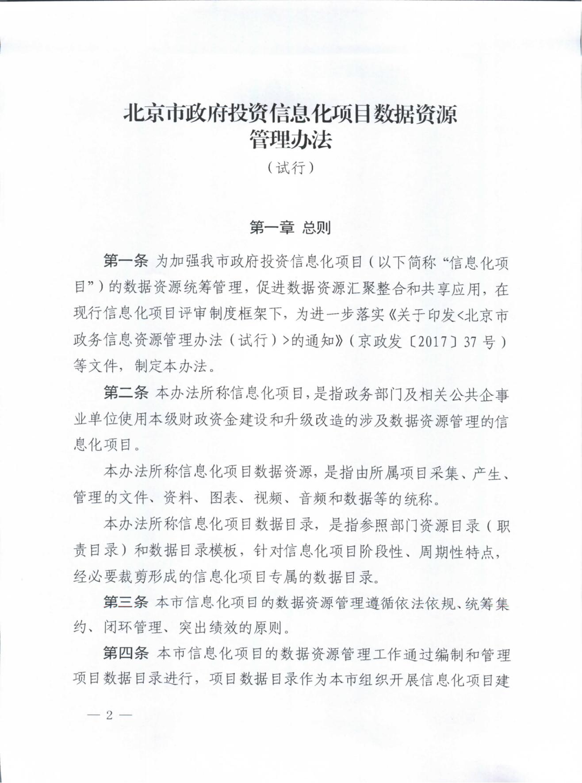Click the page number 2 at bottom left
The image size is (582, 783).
pyautogui.click(x=109, y=715)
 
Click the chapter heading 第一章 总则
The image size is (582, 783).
pyautogui.click(x=290, y=228)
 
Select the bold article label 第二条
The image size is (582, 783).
pyautogui.click(x=125, y=393)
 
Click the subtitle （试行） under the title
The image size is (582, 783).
pyautogui.click(x=291, y=168)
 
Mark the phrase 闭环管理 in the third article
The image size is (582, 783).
pyautogui.click(x=133, y=627)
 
